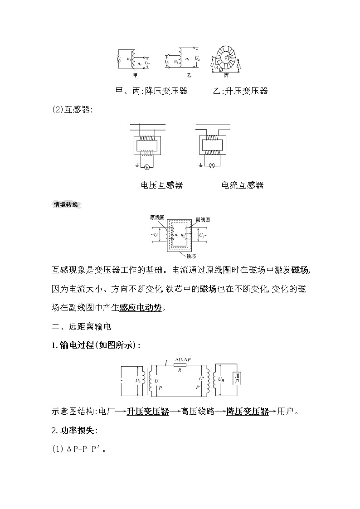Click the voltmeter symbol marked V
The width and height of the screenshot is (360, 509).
tap(146, 167)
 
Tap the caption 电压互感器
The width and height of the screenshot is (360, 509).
tap(162, 185)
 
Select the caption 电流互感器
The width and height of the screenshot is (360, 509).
tap(242, 185)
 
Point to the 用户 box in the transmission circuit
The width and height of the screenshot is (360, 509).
tap(237, 378)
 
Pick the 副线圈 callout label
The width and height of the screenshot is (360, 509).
tap(203, 219)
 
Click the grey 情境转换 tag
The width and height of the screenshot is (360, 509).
tap(66, 204)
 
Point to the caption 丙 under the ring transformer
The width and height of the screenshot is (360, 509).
tap(226, 75)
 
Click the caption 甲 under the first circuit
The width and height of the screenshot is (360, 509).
tap(135, 75)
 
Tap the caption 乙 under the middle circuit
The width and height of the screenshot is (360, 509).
tap(189, 75)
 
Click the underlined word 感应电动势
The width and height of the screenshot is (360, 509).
tap(140, 308)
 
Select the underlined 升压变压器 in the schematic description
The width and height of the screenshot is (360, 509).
tap(148, 412)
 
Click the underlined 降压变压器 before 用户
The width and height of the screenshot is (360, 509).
tap(248, 412)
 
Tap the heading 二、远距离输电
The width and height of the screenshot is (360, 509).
tap(82, 326)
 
